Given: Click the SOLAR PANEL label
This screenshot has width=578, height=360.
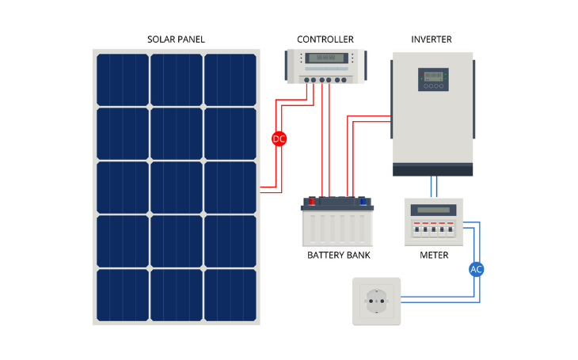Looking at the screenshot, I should [176, 40].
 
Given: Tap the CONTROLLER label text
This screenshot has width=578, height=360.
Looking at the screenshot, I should [325, 40].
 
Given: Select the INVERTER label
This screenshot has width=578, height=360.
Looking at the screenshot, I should [432, 40].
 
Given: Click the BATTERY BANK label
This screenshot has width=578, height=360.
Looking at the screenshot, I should [338, 256].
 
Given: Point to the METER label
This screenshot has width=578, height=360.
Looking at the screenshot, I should [433, 256].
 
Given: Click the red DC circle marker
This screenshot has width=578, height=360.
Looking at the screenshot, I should [279, 138].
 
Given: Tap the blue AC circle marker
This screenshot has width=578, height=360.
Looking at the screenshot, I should [476, 269].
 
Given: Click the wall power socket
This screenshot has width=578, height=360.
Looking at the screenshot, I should [376, 301].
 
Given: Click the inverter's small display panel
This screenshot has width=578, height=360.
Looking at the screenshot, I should [432, 76].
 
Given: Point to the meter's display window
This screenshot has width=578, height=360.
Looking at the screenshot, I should [432, 210].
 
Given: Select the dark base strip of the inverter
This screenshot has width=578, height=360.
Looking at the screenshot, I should [432, 169].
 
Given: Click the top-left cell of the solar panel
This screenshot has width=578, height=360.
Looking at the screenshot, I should [123, 79].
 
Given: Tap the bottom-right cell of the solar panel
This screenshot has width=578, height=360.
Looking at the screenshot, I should [230, 294].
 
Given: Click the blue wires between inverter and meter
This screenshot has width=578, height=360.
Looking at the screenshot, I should [432, 187].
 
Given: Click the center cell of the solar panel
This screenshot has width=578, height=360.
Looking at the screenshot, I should [177, 187].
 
